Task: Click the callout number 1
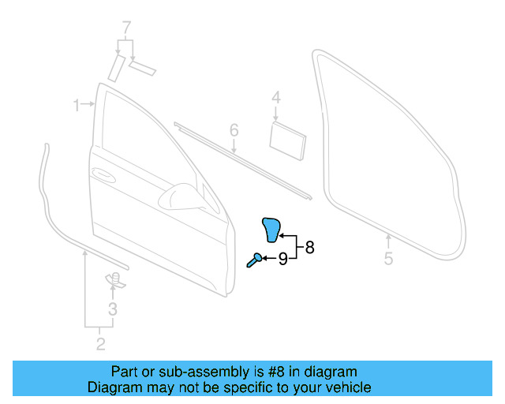click(x=77, y=105)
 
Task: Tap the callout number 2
click(x=100, y=343)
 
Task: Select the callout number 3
click(x=113, y=309)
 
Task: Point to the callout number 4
click(x=276, y=98)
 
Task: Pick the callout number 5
click(x=388, y=258)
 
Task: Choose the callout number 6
click(x=234, y=129)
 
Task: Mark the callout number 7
click(x=125, y=28)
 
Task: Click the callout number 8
click(x=309, y=247)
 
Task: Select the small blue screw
click(x=254, y=260)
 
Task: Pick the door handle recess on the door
click(x=103, y=173)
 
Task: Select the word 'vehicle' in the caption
click(x=348, y=387)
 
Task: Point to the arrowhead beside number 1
click(x=92, y=104)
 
